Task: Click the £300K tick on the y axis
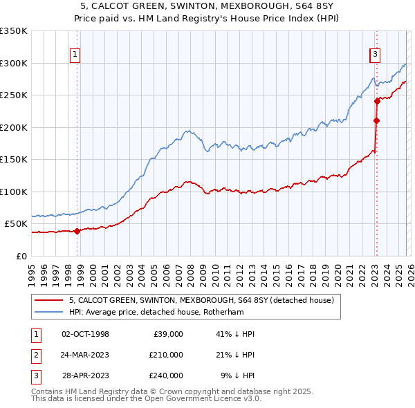pyautogui.click(x=14, y=63)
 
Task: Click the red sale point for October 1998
pyautogui.click(x=77, y=231)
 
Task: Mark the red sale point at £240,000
pyautogui.click(x=378, y=101)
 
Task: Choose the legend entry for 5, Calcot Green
pyautogui.click(x=201, y=300)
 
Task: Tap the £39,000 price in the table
pyautogui.click(x=166, y=334)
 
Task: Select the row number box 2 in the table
pyautogui.click(x=35, y=355)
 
